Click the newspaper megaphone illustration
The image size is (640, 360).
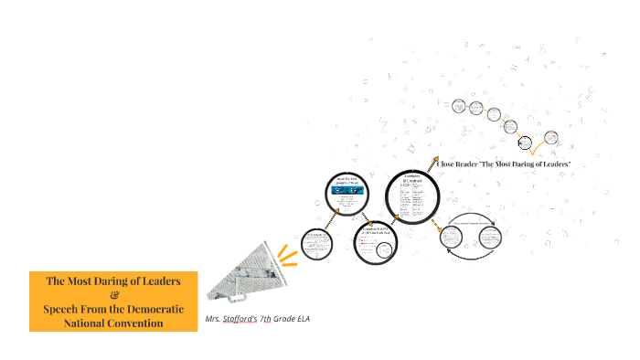240,271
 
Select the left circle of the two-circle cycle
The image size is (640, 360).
451,238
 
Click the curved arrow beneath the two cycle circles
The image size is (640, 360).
475,256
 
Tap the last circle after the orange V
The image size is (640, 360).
551,138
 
